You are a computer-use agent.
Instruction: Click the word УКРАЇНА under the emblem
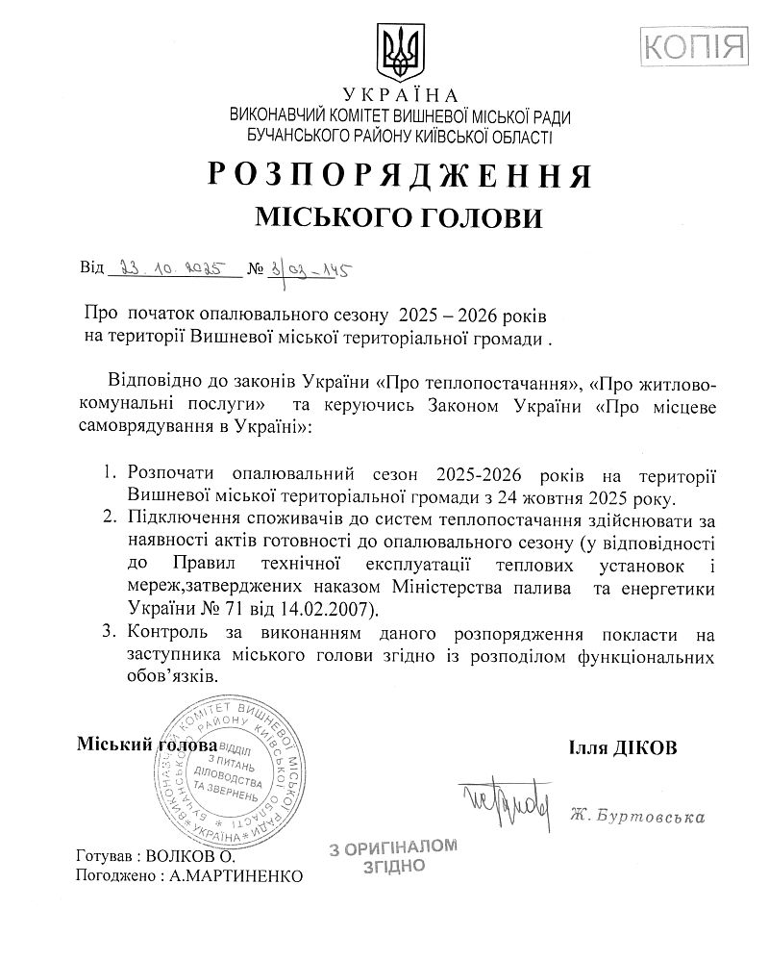point(401,96)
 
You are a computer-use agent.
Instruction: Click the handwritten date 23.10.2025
point(167,267)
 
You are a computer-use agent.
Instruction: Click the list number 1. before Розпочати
point(107,475)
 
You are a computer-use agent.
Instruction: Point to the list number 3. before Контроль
point(107,633)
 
